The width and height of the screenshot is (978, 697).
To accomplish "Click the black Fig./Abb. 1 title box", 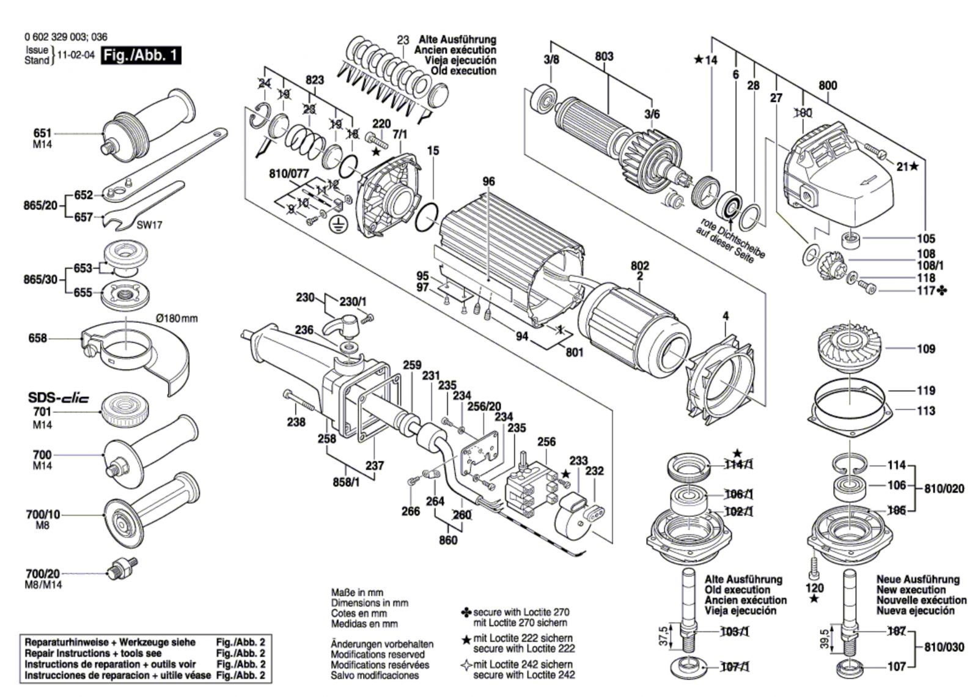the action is tap(141, 56).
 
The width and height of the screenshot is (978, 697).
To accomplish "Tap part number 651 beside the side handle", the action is tap(42, 133).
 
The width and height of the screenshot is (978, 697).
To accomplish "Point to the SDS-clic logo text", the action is tap(59, 398).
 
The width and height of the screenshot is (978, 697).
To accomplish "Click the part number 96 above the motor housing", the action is tap(488, 181).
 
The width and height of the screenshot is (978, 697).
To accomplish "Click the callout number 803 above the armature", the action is tap(604, 56).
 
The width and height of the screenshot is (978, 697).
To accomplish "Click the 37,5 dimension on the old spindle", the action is tap(664, 636).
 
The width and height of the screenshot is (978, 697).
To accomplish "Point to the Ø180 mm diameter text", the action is tap(177, 319).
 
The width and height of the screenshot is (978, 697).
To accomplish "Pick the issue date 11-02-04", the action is tap(76, 55).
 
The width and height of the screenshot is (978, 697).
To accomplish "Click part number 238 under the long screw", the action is tap(296, 422).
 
